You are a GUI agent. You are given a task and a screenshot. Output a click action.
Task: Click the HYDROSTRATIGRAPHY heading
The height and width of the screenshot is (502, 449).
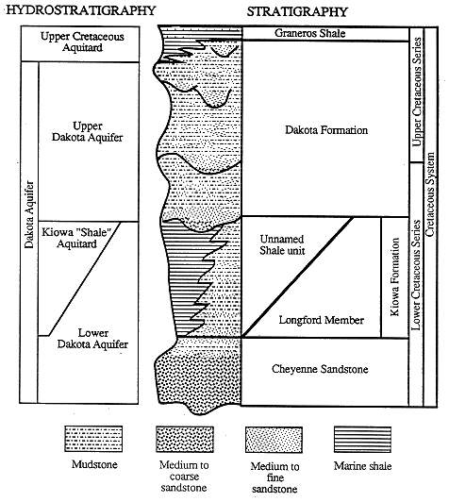(80, 10)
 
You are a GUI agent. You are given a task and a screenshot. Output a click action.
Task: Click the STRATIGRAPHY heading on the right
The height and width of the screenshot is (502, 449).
(297, 12)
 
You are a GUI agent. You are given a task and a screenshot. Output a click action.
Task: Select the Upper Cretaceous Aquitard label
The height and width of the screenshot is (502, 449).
(82, 42)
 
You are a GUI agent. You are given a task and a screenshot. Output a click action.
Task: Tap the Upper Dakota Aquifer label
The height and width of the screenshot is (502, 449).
(88, 131)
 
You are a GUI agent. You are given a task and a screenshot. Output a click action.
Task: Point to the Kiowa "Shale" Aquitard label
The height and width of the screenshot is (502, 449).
(76, 238)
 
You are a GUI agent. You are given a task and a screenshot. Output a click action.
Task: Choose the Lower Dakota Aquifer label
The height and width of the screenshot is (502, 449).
(92, 339)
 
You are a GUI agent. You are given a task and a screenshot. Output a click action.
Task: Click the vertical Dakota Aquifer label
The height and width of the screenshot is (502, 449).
(29, 214)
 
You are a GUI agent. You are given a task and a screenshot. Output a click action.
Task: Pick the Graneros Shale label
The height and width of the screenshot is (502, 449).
(309, 33)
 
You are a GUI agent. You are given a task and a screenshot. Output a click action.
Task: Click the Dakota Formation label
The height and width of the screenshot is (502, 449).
(326, 130)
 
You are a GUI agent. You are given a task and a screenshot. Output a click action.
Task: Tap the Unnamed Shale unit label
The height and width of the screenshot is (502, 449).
(282, 244)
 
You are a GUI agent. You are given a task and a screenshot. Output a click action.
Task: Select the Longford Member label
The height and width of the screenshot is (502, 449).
(321, 320)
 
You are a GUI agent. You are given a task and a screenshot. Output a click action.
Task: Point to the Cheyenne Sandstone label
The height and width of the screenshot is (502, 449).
(320, 369)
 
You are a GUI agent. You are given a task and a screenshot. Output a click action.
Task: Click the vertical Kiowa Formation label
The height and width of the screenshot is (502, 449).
(395, 276)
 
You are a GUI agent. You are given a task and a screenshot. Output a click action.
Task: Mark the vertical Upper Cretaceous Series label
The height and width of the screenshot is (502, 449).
(417, 92)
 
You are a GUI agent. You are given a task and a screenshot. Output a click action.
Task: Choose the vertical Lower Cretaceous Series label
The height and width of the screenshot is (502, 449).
(416, 275)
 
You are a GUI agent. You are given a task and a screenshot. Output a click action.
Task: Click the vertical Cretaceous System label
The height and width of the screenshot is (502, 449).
(430, 194)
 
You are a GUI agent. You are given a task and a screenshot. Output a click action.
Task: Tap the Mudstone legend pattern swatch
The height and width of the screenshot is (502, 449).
(93, 439)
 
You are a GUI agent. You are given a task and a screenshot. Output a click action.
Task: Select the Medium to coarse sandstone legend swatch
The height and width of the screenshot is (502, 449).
(185, 439)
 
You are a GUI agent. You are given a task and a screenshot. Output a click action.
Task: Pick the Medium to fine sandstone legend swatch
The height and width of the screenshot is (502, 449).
(274, 440)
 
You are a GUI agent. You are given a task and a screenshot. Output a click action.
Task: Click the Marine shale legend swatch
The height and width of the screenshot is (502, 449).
(362, 440)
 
